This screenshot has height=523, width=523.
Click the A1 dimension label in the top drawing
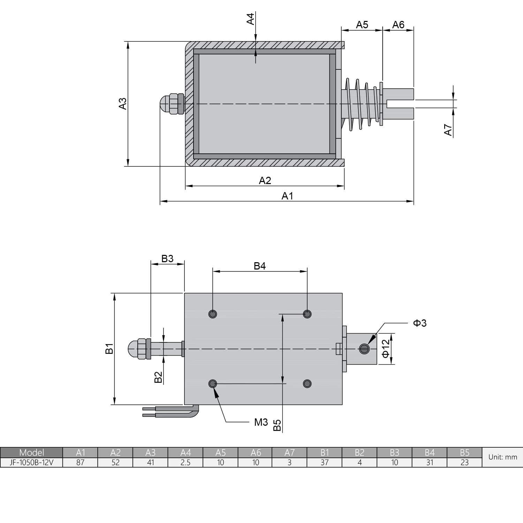[x=287, y=196]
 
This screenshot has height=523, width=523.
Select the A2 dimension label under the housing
[x=265, y=181]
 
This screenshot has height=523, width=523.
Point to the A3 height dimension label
[x=123, y=104]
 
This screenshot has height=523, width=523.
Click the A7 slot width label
[x=448, y=130]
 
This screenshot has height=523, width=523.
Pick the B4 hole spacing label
[x=260, y=266]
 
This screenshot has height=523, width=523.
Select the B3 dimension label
[x=167, y=259]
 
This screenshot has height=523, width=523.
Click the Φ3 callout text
[x=420, y=323]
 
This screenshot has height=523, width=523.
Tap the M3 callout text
[x=261, y=422]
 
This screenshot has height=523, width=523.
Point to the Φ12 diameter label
[x=386, y=349]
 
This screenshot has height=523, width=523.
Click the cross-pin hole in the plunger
[x=364, y=349]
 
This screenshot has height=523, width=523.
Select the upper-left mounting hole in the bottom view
[x=213, y=314]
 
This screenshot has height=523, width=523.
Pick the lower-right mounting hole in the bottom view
[x=307, y=384]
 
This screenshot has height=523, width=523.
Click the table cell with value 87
[x=80, y=462]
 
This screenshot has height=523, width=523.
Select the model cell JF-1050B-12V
[x=31, y=462]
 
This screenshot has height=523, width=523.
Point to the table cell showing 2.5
[x=185, y=462]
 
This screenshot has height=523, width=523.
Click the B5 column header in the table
[x=464, y=453]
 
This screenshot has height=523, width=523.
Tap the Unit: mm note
[x=502, y=457]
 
